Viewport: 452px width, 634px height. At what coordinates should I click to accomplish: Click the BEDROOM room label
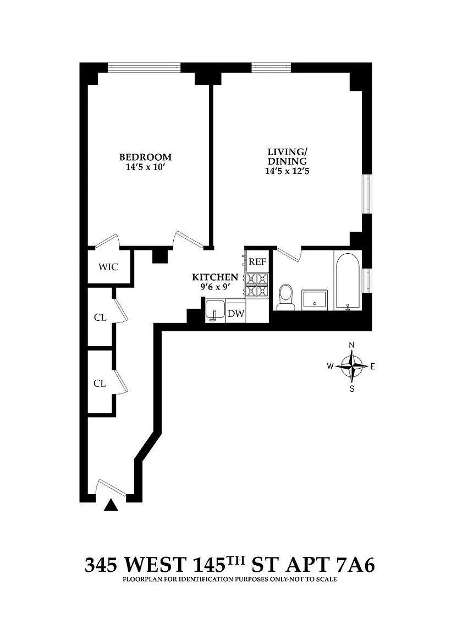coord(145,157)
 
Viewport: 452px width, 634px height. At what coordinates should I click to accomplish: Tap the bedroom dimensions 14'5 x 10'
coord(145,167)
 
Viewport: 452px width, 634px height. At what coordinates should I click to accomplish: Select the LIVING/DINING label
coord(287,156)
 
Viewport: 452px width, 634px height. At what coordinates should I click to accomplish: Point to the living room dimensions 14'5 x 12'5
coord(287,171)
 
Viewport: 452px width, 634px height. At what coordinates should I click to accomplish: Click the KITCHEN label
coord(215,277)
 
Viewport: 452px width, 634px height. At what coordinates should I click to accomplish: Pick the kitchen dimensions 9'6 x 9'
coord(215,287)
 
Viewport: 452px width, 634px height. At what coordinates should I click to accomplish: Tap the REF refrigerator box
coord(257,261)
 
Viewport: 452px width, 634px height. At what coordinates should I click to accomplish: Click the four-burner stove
coord(257,285)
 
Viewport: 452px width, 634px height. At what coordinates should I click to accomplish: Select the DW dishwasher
coord(236,313)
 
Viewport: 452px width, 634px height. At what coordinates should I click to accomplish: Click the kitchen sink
coord(216,310)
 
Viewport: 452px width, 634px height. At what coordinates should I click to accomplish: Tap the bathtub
coord(348,281)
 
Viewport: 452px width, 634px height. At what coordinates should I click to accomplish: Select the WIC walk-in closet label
coord(108,267)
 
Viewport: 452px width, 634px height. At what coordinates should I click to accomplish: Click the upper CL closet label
coord(100,318)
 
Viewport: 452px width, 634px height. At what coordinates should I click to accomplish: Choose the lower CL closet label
coord(100,383)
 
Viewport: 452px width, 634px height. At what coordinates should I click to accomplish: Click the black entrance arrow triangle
coord(111,505)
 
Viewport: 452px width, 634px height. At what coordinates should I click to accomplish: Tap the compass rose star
coord(352,367)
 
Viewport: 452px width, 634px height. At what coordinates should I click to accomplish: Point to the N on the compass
coord(352,345)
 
